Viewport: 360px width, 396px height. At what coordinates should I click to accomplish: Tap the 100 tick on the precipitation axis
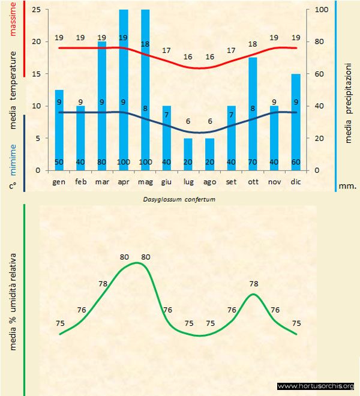[321, 10]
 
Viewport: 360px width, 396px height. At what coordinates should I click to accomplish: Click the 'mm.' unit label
[348, 186]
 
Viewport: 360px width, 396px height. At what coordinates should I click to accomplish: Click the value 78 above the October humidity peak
[253, 283]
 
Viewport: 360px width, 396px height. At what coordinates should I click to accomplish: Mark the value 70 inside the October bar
[253, 163]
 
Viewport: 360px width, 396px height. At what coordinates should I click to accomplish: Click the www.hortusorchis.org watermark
[317, 386]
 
